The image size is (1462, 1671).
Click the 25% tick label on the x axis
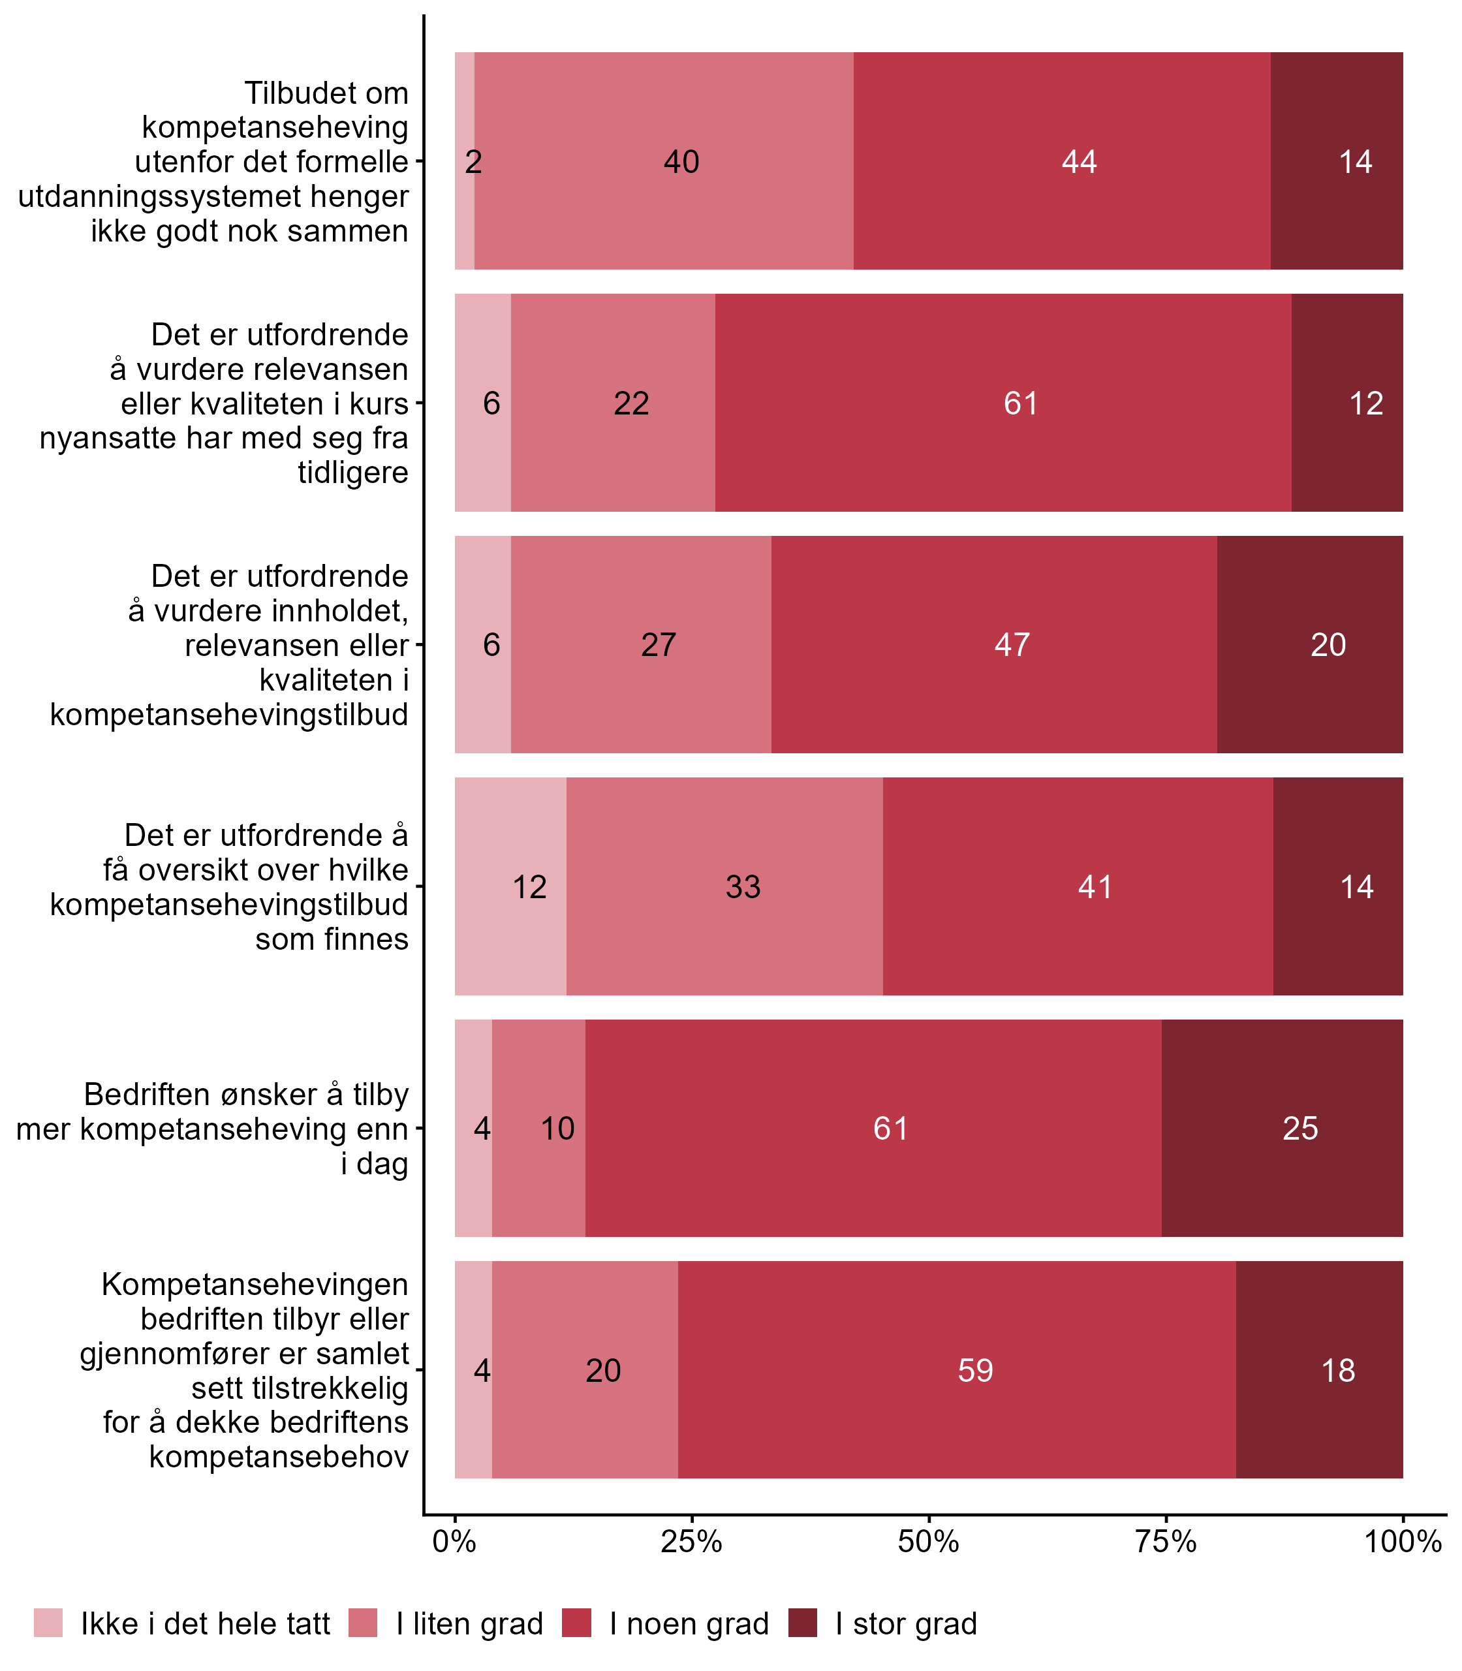[691, 1542]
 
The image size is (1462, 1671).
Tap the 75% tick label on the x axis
[1166, 1542]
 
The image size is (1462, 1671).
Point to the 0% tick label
[454, 1542]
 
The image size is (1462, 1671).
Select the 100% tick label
[1403, 1542]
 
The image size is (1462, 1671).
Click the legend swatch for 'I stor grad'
[803, 1624]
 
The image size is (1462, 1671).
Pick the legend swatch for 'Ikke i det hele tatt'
[48, 1624]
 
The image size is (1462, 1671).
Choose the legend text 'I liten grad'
[469, 1625]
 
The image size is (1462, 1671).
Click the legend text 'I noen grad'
[689, 1625]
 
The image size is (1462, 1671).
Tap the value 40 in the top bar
[681, 162]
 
